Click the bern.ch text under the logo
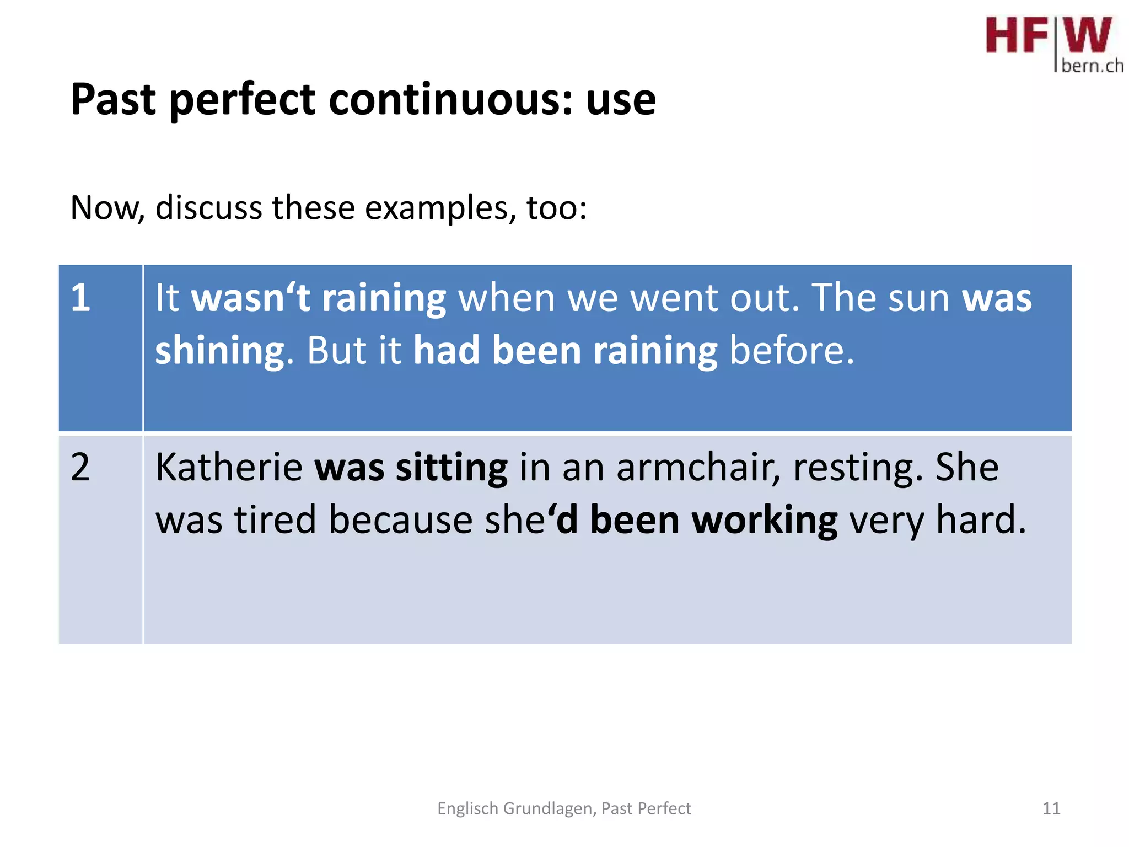(1092, 66)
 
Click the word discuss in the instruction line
(208, 208)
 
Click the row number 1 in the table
(80, 298)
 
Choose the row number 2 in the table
(80, 468)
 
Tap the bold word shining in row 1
(219, 351)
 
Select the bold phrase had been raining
(565, 350)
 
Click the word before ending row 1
(792, 350)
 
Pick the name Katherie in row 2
(229, 468)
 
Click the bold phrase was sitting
(411, 468)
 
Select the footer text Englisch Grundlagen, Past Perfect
(564, 808)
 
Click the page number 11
(1051, 808)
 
